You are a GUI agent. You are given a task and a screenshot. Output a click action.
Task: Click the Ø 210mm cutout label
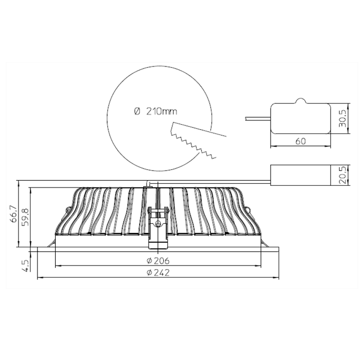click(x=155, y=112)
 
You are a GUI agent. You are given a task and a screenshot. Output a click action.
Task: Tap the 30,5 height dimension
click(x=343, y=118)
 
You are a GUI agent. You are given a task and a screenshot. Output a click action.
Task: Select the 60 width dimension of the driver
click(x=301, y=141)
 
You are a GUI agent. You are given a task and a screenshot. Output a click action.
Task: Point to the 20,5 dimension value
click(x=343, y=175)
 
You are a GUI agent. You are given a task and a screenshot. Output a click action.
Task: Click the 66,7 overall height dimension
click(x=14, y=213)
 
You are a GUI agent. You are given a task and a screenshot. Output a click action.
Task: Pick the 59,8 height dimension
click(x=26, y=217)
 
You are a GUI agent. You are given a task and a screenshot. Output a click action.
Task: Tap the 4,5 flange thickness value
click(x=26, y=265)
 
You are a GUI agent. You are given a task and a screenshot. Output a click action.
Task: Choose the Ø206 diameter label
click(x=158, y=261)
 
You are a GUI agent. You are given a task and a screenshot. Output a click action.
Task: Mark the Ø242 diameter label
click(x=158, y=273)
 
